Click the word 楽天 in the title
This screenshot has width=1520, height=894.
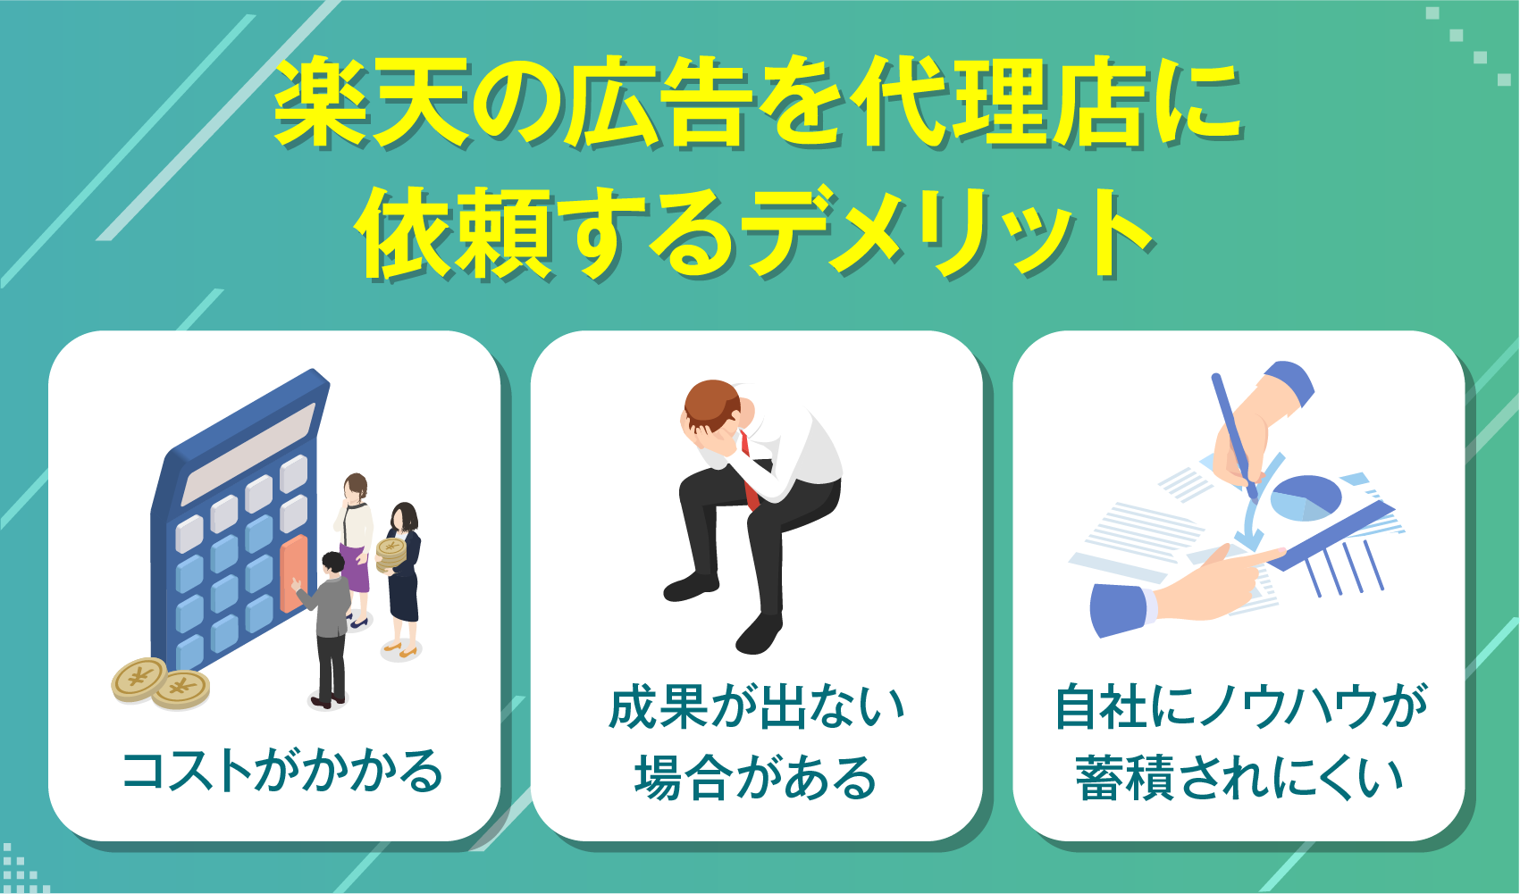coord(371,103)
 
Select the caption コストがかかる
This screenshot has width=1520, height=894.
coord(282,772)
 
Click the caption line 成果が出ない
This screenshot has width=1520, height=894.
coord(757,708)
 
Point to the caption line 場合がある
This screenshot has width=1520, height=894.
coord(756,777)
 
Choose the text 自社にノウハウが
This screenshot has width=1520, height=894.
coord(1241,708)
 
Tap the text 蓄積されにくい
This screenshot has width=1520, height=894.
coord(1239,777)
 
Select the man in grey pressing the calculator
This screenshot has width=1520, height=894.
coord(332,625)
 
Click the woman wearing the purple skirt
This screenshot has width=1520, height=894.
coord(356,545)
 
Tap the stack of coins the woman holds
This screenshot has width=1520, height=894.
coord(391,555)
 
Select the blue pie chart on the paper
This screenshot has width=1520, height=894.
coord(1305,497)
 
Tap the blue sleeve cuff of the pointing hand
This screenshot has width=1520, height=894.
coord(1117,608)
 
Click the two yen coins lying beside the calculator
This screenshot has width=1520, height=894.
coord(161,683)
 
